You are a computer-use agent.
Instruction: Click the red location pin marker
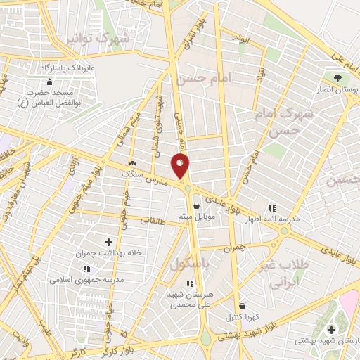point(181,166)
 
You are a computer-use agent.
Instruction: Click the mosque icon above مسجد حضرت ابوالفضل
point(49,82)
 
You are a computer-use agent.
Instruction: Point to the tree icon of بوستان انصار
point(337,77)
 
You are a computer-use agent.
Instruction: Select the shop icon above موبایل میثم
point(196,206)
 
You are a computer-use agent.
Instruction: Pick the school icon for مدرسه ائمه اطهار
point(272,208)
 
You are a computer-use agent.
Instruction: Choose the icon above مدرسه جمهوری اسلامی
point(86,269)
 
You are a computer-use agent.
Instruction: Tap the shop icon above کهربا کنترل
point(243,307)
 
